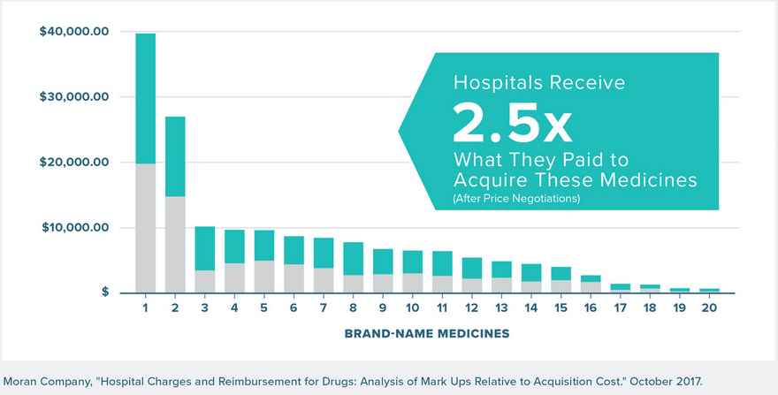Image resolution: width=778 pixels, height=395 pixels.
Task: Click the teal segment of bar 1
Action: (x=145, y=98)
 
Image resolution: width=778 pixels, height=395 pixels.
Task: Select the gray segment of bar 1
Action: (x=145, y=227)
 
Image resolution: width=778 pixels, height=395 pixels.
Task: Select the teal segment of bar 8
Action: (x=354, y=258)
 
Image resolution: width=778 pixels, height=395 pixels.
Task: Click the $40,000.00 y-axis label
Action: (x=74, y=32)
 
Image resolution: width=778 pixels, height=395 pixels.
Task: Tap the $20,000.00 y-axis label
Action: (x=74, y=163)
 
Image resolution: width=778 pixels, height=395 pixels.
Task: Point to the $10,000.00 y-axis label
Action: (x=74, y=228)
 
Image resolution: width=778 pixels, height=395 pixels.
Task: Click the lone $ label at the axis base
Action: (x=104, y=292)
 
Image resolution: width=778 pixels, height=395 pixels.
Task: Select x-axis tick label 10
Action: (x=413, y=308)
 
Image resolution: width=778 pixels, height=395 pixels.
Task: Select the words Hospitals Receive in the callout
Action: (x=539, y=83)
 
